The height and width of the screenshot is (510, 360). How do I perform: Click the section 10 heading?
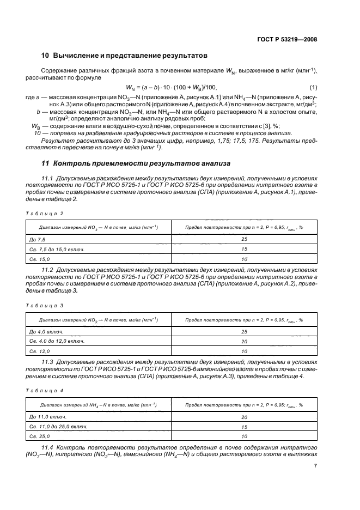click(125, 56)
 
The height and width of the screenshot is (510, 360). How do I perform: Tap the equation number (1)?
click(314, 88)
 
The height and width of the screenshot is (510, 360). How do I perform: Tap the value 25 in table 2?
click(243, 239)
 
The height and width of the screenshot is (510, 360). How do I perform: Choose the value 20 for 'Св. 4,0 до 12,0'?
click(243, 342)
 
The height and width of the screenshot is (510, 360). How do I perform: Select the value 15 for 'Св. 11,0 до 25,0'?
click(243, 427)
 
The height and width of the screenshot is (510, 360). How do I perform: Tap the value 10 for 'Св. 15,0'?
click(243, 259)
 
